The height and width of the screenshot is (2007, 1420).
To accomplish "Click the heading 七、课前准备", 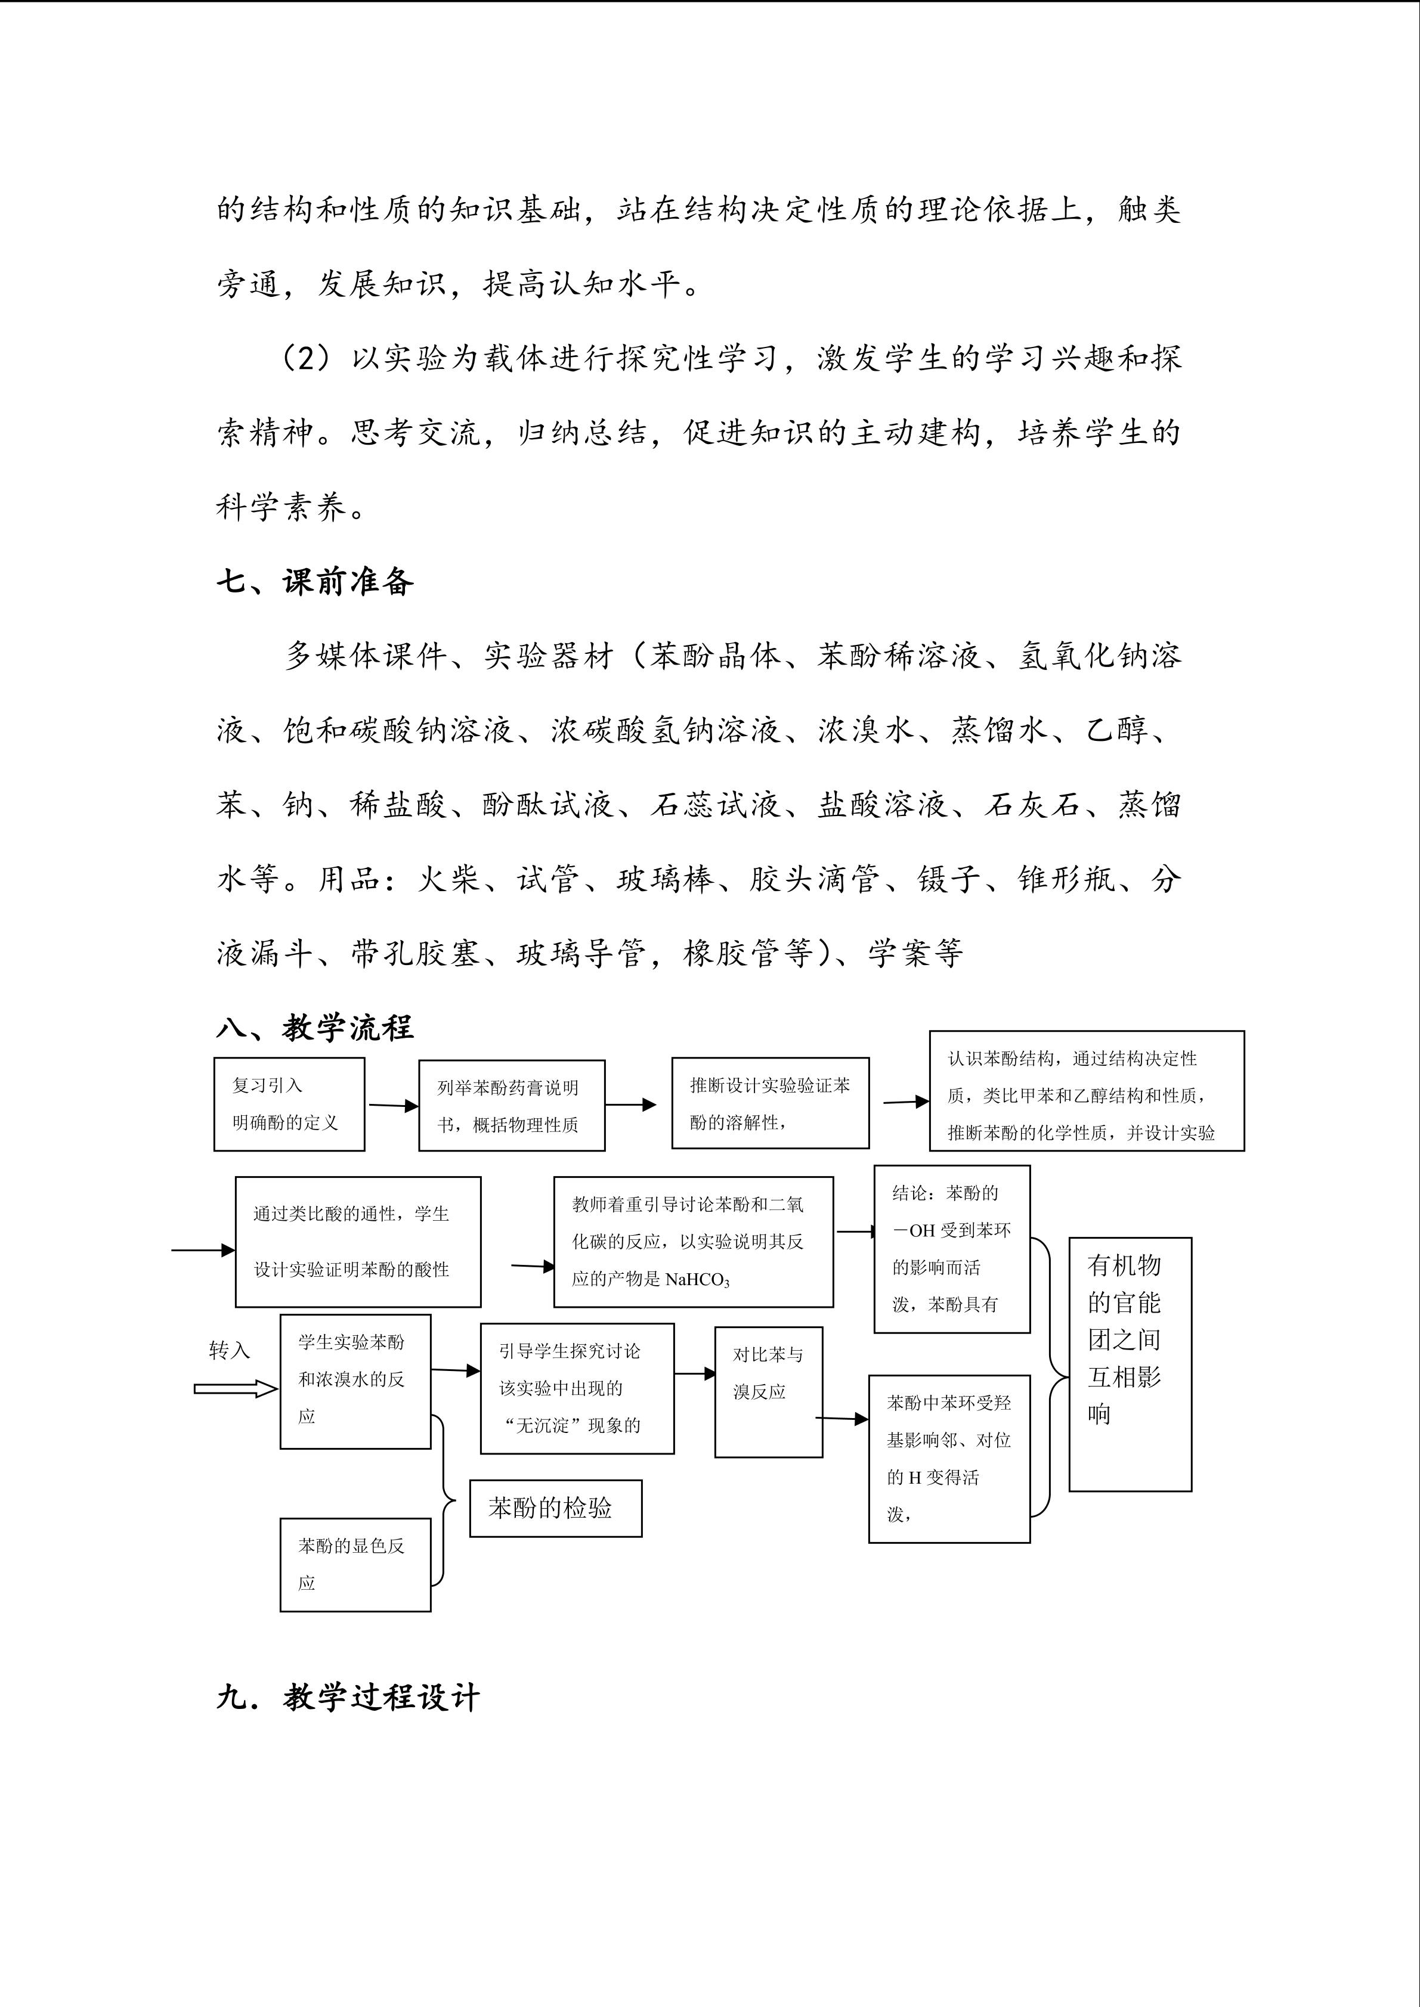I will (315, 581).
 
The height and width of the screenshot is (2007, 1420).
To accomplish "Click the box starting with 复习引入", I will (289, 1104).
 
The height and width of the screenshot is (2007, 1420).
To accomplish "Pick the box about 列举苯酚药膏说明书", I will (512, 1106).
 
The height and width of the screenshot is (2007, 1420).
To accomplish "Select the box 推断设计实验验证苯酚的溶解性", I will (769, 1103).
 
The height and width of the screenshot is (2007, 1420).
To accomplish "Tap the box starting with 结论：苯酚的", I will (951, 1249).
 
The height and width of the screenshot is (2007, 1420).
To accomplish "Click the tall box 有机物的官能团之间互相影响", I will (1130, 1364).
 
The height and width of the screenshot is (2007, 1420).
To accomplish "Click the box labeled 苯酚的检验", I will (555, 1508).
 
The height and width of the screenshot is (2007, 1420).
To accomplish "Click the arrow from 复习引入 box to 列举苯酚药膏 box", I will (392, 1106).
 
